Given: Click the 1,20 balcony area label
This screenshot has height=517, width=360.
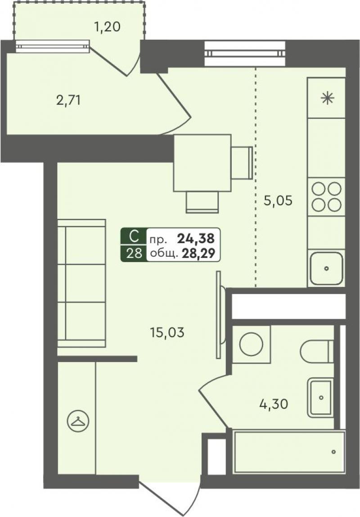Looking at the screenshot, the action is (x=107, y=27).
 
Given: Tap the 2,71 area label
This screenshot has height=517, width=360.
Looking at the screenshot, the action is (x=68, y=100).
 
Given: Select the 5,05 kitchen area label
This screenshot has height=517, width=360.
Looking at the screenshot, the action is (x=278, y=200).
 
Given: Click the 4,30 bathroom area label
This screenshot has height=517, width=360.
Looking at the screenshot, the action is (x=274, y=404).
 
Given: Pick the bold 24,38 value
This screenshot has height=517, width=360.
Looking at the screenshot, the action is (x=196, y=238).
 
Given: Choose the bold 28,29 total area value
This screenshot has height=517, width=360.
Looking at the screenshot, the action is (x=198, y=253).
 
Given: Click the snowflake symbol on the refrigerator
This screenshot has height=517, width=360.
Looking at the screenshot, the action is (x=328, y=98).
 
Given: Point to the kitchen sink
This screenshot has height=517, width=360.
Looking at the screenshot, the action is (x=326, y=268).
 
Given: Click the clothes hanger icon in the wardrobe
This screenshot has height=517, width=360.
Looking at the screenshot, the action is (x=78, y=421).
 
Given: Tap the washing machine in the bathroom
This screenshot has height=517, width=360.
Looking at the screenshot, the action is (x=251, y=345).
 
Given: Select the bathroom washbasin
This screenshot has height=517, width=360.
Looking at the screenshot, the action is (x=320, y=397).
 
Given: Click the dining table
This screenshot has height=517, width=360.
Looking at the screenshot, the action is (x=202, y=163).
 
